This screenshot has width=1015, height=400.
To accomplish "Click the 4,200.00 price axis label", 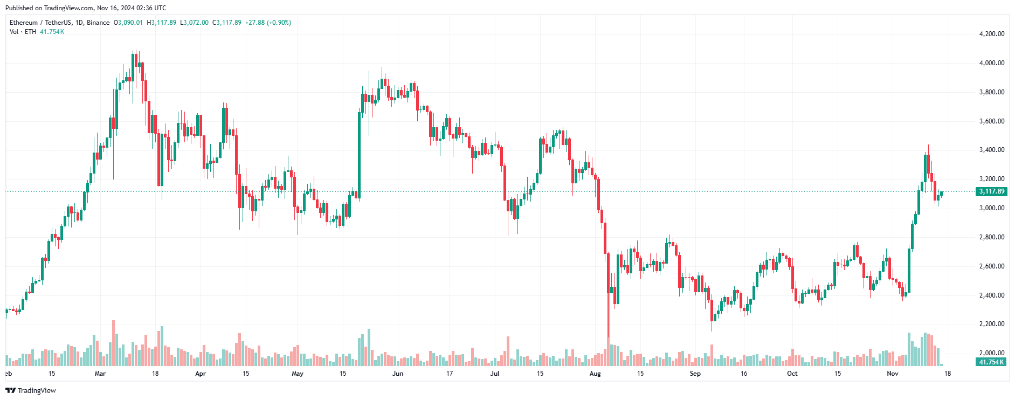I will click(991, 34).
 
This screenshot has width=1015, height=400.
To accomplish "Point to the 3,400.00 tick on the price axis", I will click(991, 150).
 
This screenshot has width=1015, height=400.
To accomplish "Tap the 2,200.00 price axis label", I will click(991, 324).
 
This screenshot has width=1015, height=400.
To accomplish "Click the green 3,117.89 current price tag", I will click(991, 191).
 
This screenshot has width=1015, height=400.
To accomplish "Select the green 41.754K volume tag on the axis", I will click(991, 362).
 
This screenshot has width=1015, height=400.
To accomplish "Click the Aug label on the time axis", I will click(595, 374).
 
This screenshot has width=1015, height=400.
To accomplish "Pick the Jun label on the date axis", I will click(398, 374).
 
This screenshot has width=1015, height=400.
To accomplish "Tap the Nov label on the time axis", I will click(893, 374).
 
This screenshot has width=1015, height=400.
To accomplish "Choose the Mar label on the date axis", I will click(100, 374).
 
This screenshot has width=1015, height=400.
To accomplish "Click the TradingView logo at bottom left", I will click(31, 391).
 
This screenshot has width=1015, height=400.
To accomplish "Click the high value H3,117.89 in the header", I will click(162, 23).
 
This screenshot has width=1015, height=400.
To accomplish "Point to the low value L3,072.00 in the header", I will click(194, 23).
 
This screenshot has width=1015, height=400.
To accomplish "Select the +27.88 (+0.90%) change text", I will click(268, 23).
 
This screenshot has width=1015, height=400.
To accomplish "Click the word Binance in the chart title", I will click(98, 23).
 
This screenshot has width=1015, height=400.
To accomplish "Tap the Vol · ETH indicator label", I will click(23, 32).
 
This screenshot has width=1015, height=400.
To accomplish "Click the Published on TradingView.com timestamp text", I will click(86, 8).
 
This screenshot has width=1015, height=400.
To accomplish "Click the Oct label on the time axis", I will click(792, 374).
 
